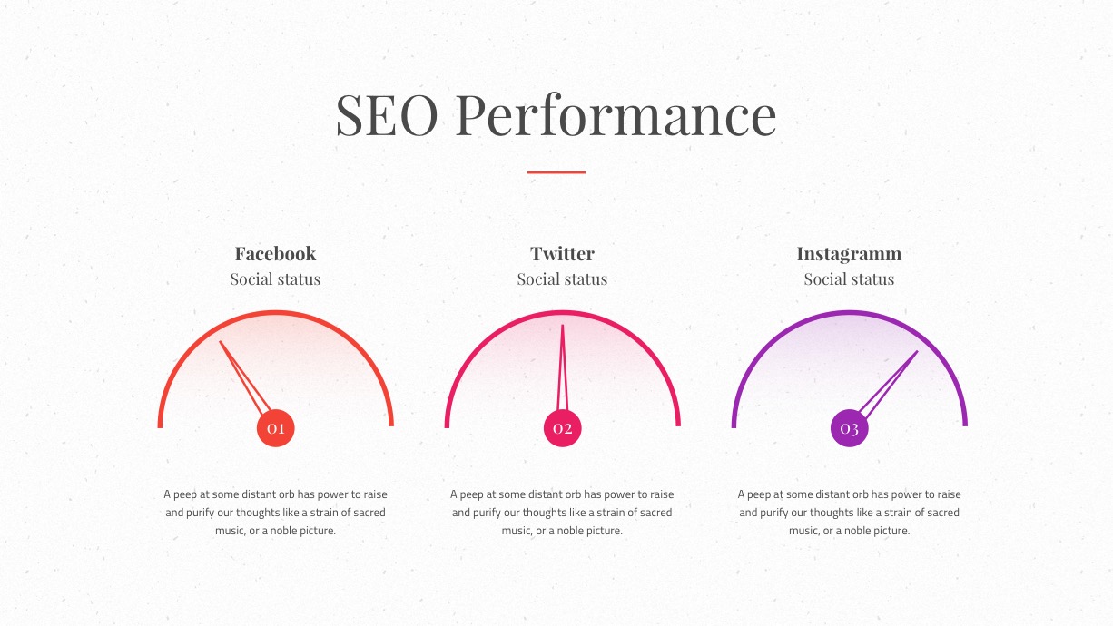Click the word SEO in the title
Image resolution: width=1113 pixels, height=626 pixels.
387,115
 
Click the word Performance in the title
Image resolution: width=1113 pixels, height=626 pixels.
616,115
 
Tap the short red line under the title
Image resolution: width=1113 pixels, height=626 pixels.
556,172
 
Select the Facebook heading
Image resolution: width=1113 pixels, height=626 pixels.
275,254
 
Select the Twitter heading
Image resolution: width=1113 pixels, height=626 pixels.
562,254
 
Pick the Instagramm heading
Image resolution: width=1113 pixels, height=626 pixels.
849,254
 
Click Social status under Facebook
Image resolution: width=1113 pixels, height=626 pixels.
275,279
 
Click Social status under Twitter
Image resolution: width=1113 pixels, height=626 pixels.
562,279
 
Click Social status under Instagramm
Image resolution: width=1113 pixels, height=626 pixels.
849,279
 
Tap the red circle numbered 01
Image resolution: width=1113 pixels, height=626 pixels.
276,428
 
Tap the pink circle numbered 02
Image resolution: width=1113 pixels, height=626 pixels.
563,428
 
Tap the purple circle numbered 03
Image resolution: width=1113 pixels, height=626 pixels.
849,428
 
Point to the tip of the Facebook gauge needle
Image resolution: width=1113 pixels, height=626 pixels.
220,341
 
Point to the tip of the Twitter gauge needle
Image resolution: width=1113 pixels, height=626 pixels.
563,325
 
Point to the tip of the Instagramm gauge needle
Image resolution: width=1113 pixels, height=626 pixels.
917,351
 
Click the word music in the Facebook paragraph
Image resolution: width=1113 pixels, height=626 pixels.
230,531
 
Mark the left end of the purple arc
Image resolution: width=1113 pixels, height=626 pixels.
734,426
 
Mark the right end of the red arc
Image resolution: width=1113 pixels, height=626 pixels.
391,425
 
